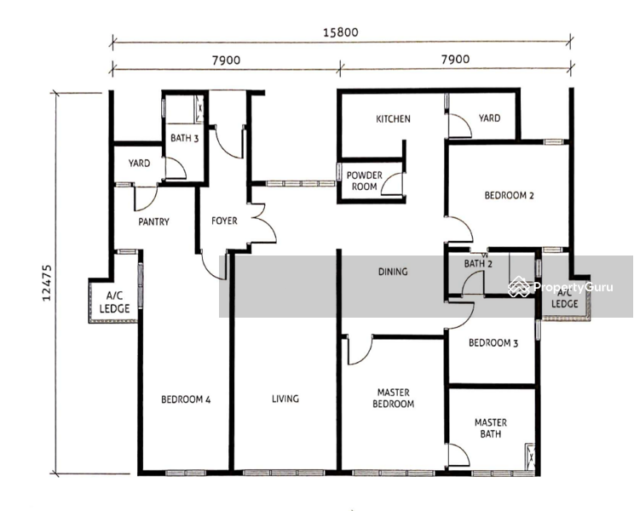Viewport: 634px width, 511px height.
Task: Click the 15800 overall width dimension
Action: pos(341,32)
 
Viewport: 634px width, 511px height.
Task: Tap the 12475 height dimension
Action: pos(48,283)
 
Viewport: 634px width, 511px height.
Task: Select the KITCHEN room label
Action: pos(393,118)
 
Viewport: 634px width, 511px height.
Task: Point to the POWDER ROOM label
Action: pos(365,181)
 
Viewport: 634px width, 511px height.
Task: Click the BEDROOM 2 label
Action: pos(509,196)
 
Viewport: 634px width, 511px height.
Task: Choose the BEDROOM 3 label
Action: pos(493,343)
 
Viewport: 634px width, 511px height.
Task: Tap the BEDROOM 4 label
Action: pos(186,399)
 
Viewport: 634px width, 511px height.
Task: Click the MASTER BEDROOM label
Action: pos(393,398)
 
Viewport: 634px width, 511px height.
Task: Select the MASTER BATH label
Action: pos(491,428)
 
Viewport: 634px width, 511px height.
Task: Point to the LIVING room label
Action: pos(285,399)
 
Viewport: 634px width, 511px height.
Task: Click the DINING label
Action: pos(393,272)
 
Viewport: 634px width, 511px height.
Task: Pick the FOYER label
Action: pos(224,221)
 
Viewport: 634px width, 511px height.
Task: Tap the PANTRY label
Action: pos(153,221)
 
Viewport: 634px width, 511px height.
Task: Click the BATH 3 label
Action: pos(184,138)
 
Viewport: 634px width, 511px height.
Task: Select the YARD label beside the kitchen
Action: pos(489,118)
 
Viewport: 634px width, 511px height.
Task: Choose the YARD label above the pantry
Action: pos(139,164)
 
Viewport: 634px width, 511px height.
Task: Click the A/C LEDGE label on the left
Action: pos(114,302)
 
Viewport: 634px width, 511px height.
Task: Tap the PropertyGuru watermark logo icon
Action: pos(519,287)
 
